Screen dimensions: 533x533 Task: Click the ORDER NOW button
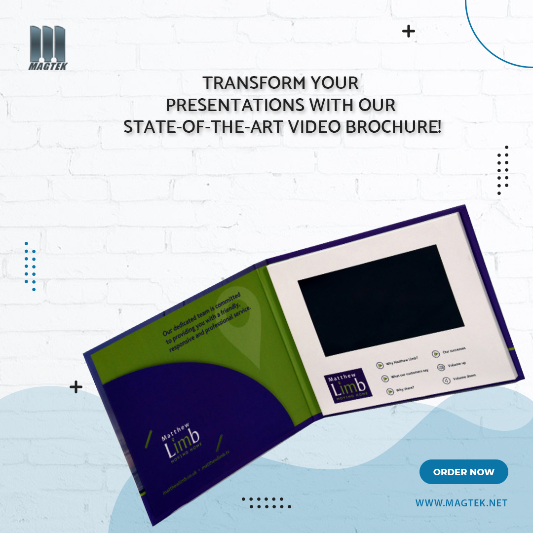[463, 472]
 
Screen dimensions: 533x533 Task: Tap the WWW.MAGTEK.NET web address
[461, 503]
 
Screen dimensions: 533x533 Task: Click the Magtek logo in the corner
[47, 48]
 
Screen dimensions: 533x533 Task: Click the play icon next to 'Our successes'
[436, 353]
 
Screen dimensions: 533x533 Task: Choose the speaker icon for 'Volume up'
[441, 367]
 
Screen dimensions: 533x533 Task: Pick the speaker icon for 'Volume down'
[446, 381]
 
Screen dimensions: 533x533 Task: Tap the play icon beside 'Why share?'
[390, 391]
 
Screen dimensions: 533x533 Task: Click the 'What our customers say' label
[409, 374]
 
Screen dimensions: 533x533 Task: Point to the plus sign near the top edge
[408, 32]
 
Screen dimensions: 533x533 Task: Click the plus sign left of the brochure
[76, 387]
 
